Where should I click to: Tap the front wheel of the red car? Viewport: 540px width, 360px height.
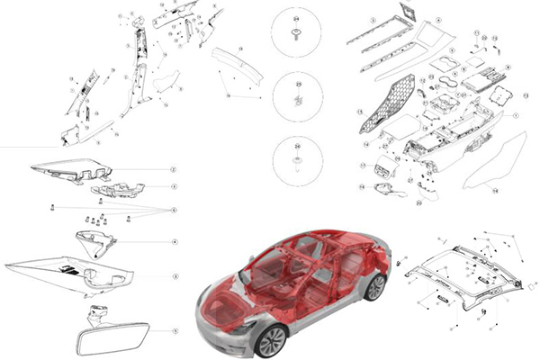[271, 339]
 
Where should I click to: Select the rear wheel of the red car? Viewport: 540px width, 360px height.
[375, 286]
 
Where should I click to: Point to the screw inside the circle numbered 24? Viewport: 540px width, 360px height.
[296, 35]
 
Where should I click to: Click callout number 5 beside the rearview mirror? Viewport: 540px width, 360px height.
[175, 331]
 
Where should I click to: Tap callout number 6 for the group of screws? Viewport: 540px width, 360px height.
[175, 209]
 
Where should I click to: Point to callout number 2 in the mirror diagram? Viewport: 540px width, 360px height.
[175, 169]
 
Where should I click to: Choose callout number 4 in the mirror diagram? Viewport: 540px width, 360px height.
[175, 241]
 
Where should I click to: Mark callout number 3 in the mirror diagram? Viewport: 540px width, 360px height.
[175, 186]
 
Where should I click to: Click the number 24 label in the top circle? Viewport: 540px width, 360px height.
[296, 18]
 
